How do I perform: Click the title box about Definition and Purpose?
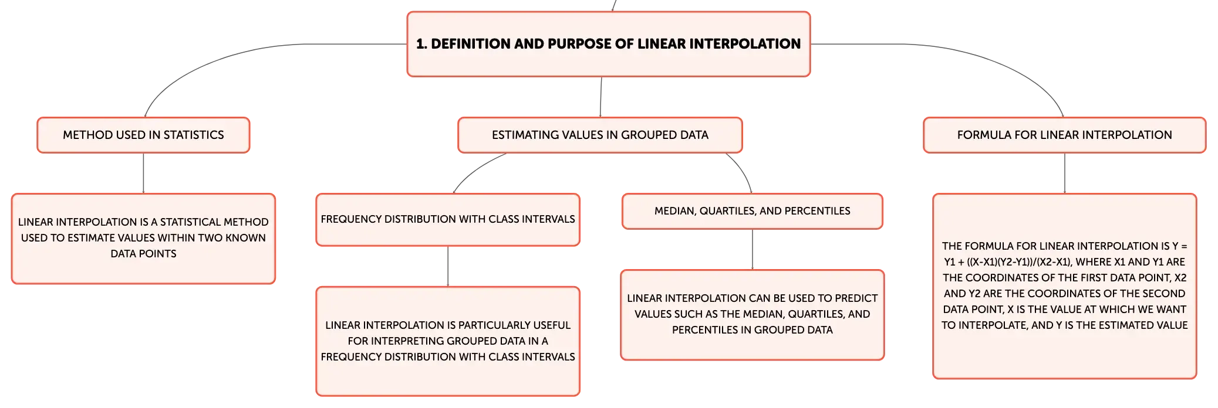point(609,44)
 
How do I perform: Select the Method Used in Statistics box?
point(143,135)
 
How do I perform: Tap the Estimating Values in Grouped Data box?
point(600,135)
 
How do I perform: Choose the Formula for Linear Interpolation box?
point(1064,135)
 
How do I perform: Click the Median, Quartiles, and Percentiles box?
point(753,211)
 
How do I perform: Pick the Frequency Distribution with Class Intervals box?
point(448,219)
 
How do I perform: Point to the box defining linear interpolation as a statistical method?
point(143,239)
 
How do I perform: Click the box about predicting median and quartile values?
point(753,315)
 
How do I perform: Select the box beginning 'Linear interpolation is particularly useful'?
point(448,341)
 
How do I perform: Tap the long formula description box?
point(1064,286)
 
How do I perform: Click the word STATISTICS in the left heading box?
point(194,135)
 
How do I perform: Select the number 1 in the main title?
point(420,44)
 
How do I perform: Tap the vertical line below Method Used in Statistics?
point(143,174)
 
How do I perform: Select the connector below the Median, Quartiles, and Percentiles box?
point(753,249)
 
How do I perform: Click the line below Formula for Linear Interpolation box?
point(1065,174)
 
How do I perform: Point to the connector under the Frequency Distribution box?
point(448,266)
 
